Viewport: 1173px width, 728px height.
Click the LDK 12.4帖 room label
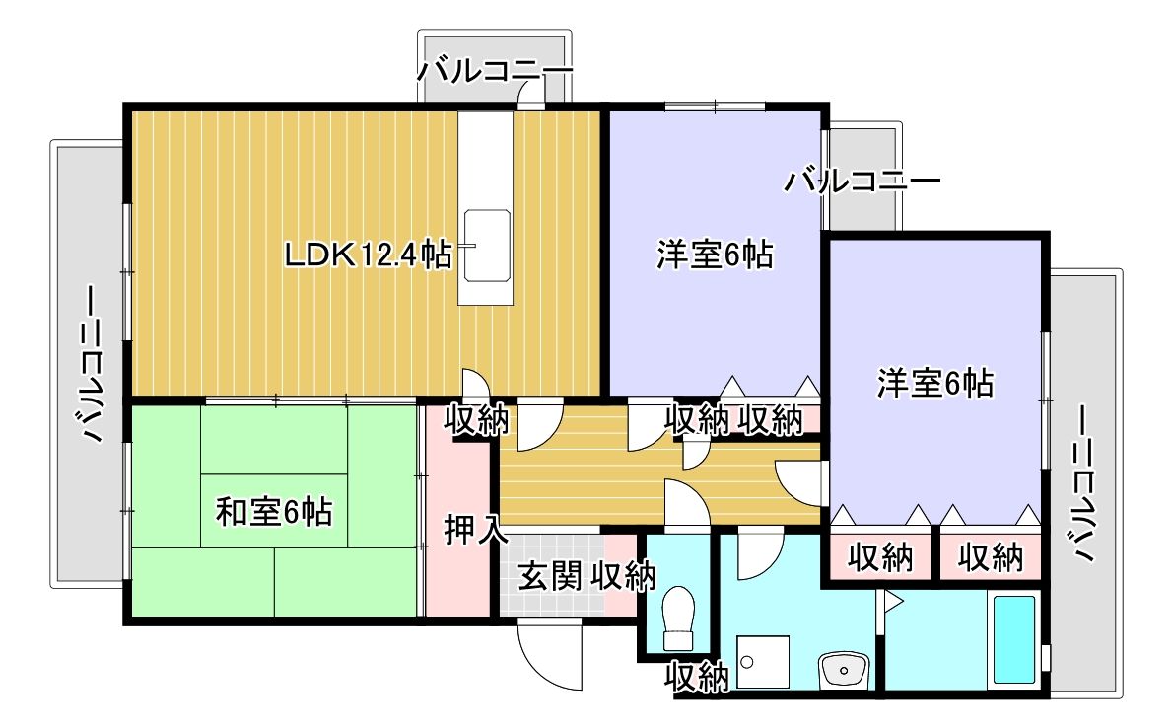point(367,255)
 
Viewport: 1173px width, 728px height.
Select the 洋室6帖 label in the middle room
point(714,255)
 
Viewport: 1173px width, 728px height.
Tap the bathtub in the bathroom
point(1013,639)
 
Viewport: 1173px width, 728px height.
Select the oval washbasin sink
point(844,672)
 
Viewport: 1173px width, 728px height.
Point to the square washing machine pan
point(764,663)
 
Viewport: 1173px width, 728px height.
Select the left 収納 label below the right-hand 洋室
point(879,557)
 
